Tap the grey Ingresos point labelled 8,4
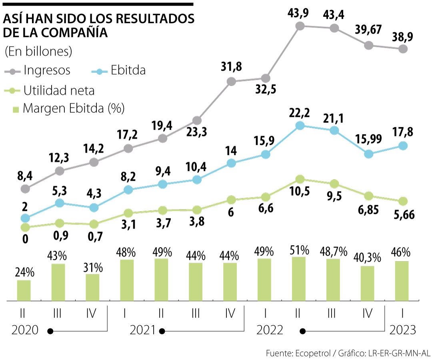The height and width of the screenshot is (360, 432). click(x=25, y=188)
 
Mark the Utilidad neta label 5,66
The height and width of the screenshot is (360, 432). click(x=403, y=215)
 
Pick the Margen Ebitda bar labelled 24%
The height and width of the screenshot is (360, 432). click(x=24, y=290)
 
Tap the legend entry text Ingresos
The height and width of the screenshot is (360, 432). click(x=47, y=70)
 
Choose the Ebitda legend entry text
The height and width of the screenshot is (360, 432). click(x=128, y=70)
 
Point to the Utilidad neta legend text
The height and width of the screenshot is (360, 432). click(x=59, y=90)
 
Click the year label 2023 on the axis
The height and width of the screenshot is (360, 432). click(x=402, y=330)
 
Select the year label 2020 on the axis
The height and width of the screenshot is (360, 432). click(x=25, y=330)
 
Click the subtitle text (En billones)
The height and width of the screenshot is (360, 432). click(x=38, y=52)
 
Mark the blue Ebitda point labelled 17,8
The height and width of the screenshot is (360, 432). click(x=403, y=146)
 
